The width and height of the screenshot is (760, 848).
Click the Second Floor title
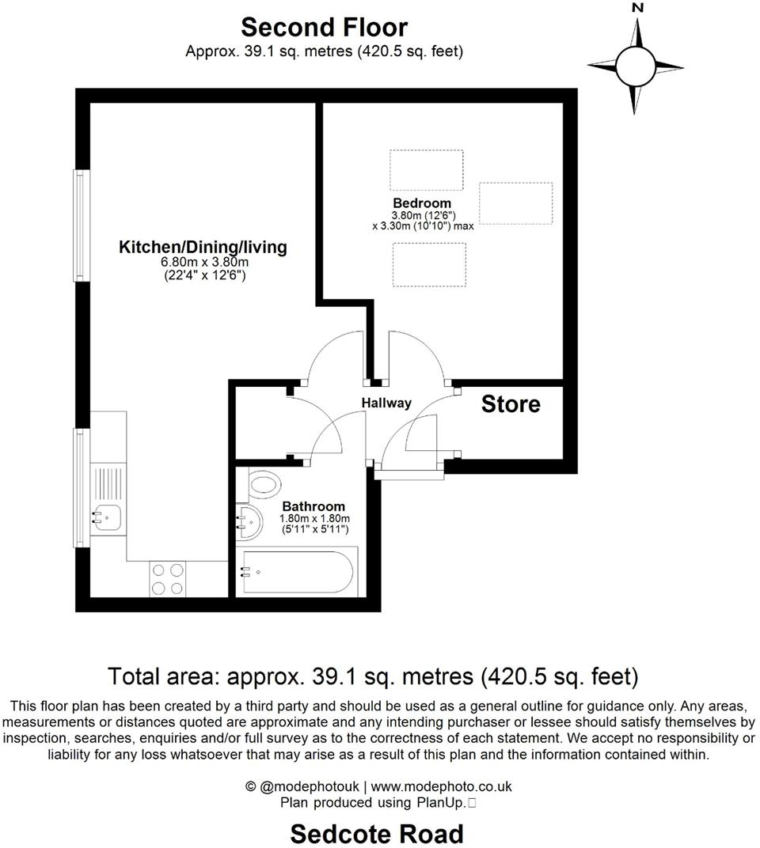324,27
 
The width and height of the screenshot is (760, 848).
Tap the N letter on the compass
638,9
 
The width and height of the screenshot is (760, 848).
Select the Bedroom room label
422,203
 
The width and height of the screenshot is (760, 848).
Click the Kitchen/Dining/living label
203,247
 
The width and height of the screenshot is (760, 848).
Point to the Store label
511,404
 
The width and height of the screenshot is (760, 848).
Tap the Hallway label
386,403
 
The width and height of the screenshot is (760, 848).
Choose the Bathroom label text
313,506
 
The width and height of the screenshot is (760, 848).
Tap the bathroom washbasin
252,521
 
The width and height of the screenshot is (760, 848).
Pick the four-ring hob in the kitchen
167,578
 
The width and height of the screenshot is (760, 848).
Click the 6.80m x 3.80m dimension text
203,263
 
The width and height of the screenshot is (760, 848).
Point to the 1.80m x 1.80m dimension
313,518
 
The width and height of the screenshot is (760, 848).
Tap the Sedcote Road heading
377,833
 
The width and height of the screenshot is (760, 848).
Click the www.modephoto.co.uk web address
441,786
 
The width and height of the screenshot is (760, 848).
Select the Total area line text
372,677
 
